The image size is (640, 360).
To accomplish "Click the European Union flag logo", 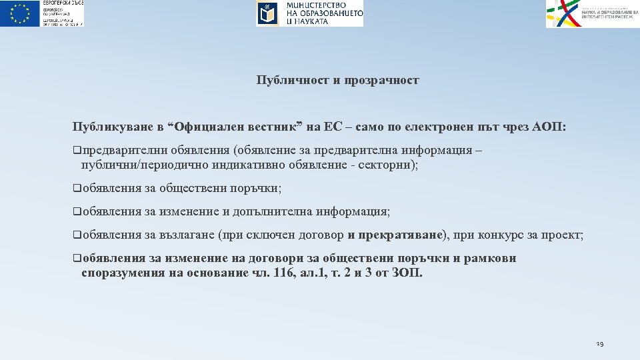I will (20, 13).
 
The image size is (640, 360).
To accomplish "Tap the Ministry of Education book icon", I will (267, 13).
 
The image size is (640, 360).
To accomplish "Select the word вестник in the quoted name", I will (274, 127).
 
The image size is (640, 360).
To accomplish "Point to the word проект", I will (564, 235).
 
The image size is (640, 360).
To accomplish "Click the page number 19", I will (599, 344).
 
